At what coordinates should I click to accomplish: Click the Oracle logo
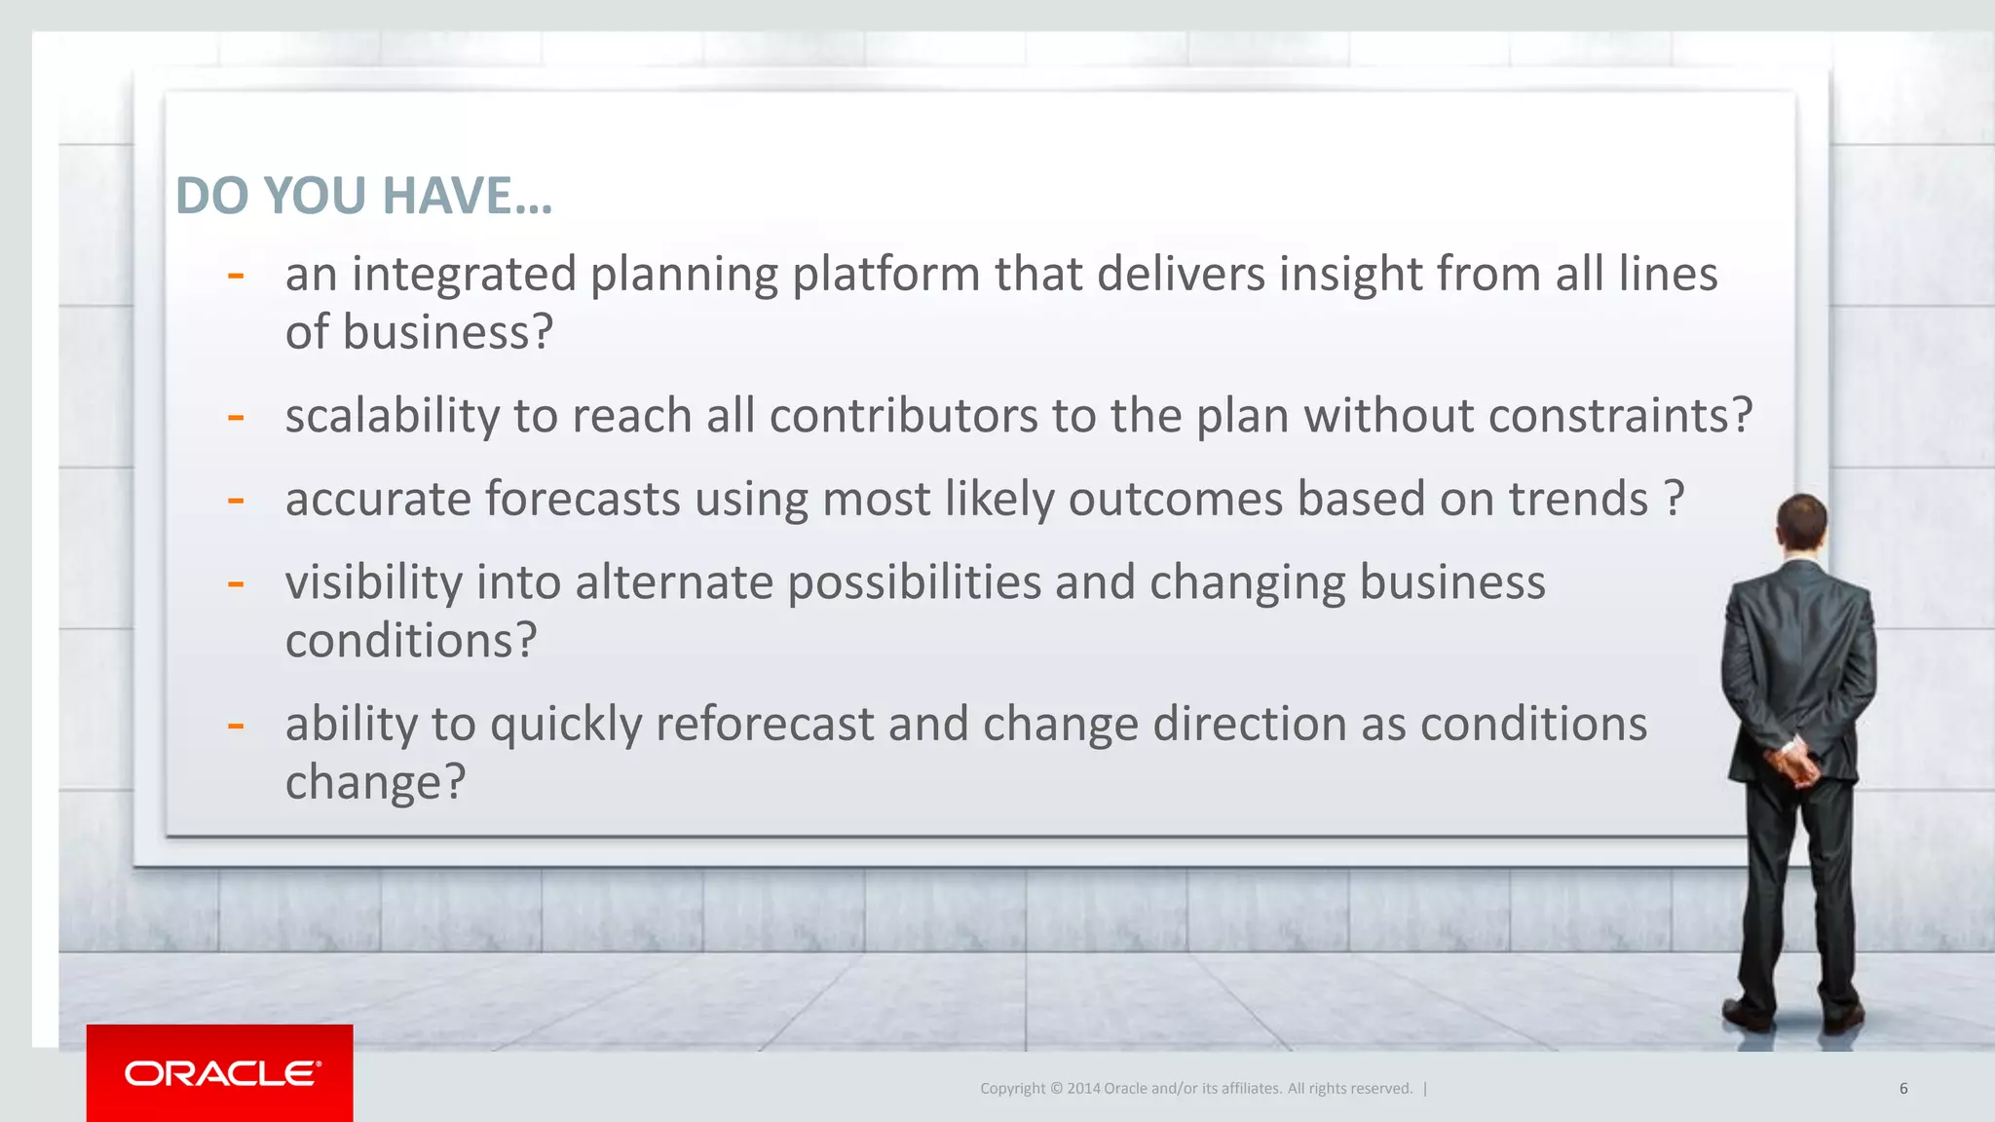click(x=221, y=1073)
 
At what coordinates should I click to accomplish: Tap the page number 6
click(x=1902, y=1089)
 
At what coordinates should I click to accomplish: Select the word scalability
click(x=393, y=417)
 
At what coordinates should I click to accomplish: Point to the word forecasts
click(x=583, y=500)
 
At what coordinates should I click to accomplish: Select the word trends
click(x=1578, y=500)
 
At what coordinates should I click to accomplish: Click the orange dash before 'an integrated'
click(x=235, y=277)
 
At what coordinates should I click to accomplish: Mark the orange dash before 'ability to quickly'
click(x=235, y=727)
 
